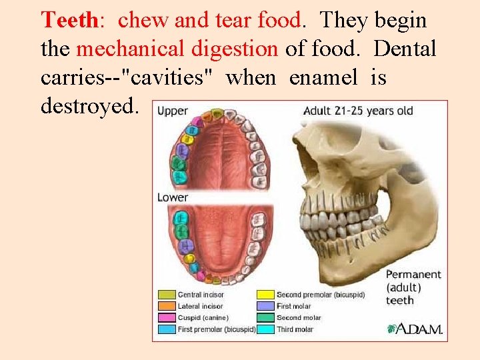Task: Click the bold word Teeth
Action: point(69,21)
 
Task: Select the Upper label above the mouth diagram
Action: point(173,111)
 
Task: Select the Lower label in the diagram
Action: point(173,197)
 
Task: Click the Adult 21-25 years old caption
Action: point(358,111)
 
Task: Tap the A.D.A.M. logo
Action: point(415,328)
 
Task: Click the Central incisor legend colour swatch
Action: point(166,295)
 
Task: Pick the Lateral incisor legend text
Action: point(201,306)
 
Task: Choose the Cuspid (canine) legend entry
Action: point(204,317)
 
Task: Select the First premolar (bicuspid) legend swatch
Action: point(166,329)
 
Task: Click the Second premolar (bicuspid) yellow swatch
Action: point(265,295)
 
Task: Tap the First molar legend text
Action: point(293,306)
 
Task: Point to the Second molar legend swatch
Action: point(265,317)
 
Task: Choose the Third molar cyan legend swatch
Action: point(265,329)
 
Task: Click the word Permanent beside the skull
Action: point(413,274)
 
